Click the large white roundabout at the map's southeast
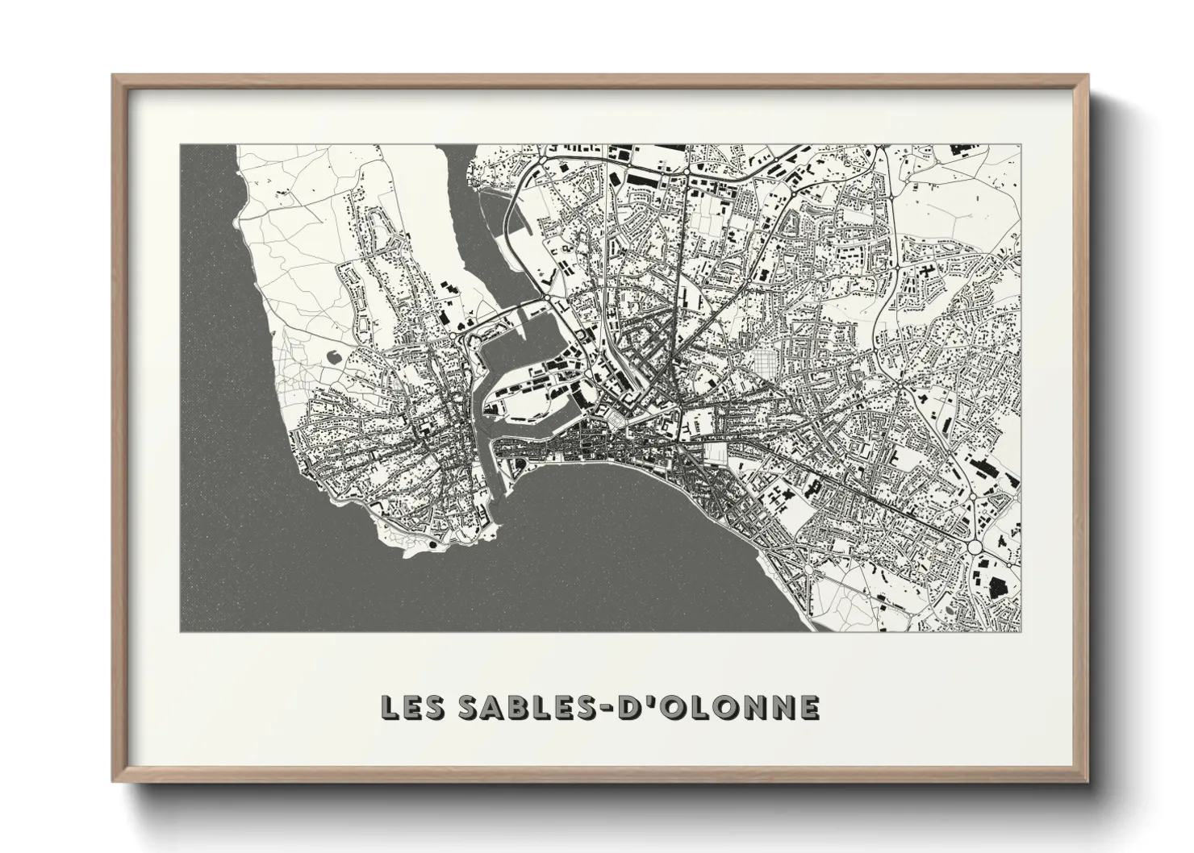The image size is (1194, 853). [975, 547]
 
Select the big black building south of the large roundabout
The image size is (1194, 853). [1000, 586]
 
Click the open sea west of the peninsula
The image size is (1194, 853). [218, 363]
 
